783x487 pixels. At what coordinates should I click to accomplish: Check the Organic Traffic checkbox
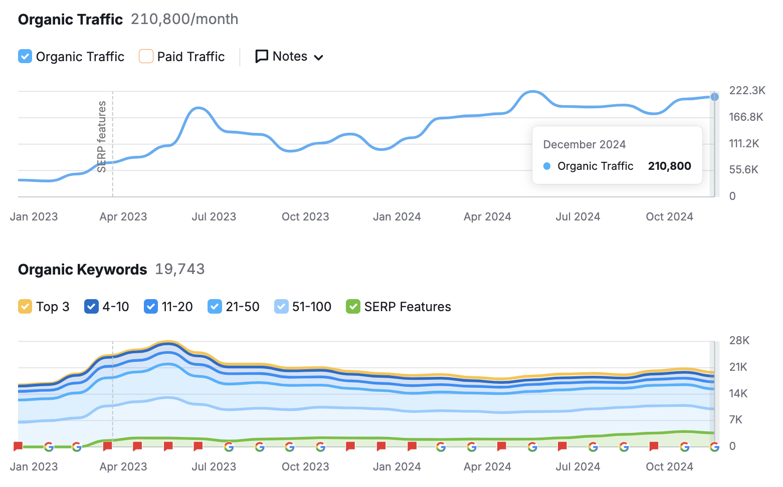(25, 56)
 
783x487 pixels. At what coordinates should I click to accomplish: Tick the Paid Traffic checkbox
(146, 56)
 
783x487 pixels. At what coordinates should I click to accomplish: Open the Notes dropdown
(289, 57)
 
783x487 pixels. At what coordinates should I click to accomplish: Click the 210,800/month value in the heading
(184, 19)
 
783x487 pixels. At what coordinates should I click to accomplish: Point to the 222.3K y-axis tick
(747, 90)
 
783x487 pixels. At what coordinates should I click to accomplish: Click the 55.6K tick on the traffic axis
(743, 169)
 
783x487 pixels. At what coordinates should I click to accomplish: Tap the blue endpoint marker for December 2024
(714, 97)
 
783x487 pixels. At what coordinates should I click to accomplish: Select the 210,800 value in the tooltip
(669, 166)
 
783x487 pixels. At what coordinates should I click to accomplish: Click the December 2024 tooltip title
(584, 144)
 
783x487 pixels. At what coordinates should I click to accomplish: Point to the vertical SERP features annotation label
(102, 136)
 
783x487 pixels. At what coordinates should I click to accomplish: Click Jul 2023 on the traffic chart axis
(214, 216)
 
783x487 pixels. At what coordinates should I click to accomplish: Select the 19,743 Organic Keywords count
(179, 269)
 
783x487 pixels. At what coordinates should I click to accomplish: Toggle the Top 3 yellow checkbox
(25, 306)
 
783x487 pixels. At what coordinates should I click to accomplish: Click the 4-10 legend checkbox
(91, 306)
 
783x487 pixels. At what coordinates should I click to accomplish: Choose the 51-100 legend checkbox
(281, 306)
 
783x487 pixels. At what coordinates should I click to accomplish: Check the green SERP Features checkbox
(353, 306)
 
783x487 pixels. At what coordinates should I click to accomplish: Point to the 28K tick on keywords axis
(739, 341)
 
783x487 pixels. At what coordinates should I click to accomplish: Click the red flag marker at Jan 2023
(18, 446)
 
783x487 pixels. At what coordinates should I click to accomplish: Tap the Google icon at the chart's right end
(714, 446)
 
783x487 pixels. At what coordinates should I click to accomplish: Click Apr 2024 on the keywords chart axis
(487, 466)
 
